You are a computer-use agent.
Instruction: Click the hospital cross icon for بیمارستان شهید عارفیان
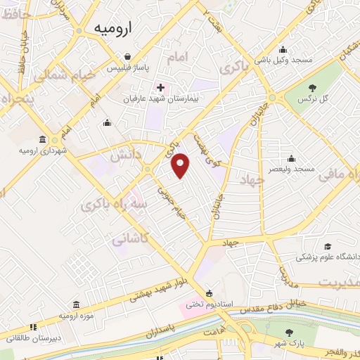click(161, 88)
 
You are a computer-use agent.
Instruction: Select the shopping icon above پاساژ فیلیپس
click(127, 57)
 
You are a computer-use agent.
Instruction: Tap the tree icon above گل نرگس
click(313, 87)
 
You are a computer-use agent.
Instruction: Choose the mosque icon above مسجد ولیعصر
click(290, 157)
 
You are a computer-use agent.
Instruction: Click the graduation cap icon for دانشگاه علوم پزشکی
click(327, 246)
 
